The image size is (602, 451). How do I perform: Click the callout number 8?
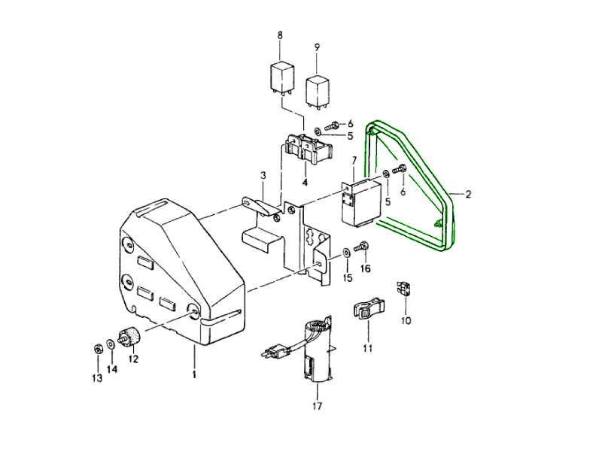(279, 35)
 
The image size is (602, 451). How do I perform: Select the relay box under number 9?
(317, 92)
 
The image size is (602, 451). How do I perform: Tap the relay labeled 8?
(281, 80)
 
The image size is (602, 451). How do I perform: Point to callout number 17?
(317, 406)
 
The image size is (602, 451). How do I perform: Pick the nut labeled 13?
(98, 349)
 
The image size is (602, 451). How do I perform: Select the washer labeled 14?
(110, 344)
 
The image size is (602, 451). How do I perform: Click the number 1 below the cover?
(194, 374)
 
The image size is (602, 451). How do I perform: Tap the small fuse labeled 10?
(405, 288)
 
